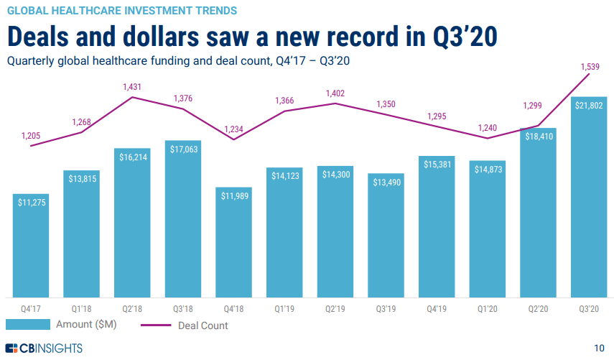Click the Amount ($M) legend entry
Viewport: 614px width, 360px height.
coord(62,325)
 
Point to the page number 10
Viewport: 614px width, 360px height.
coord(600,349)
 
